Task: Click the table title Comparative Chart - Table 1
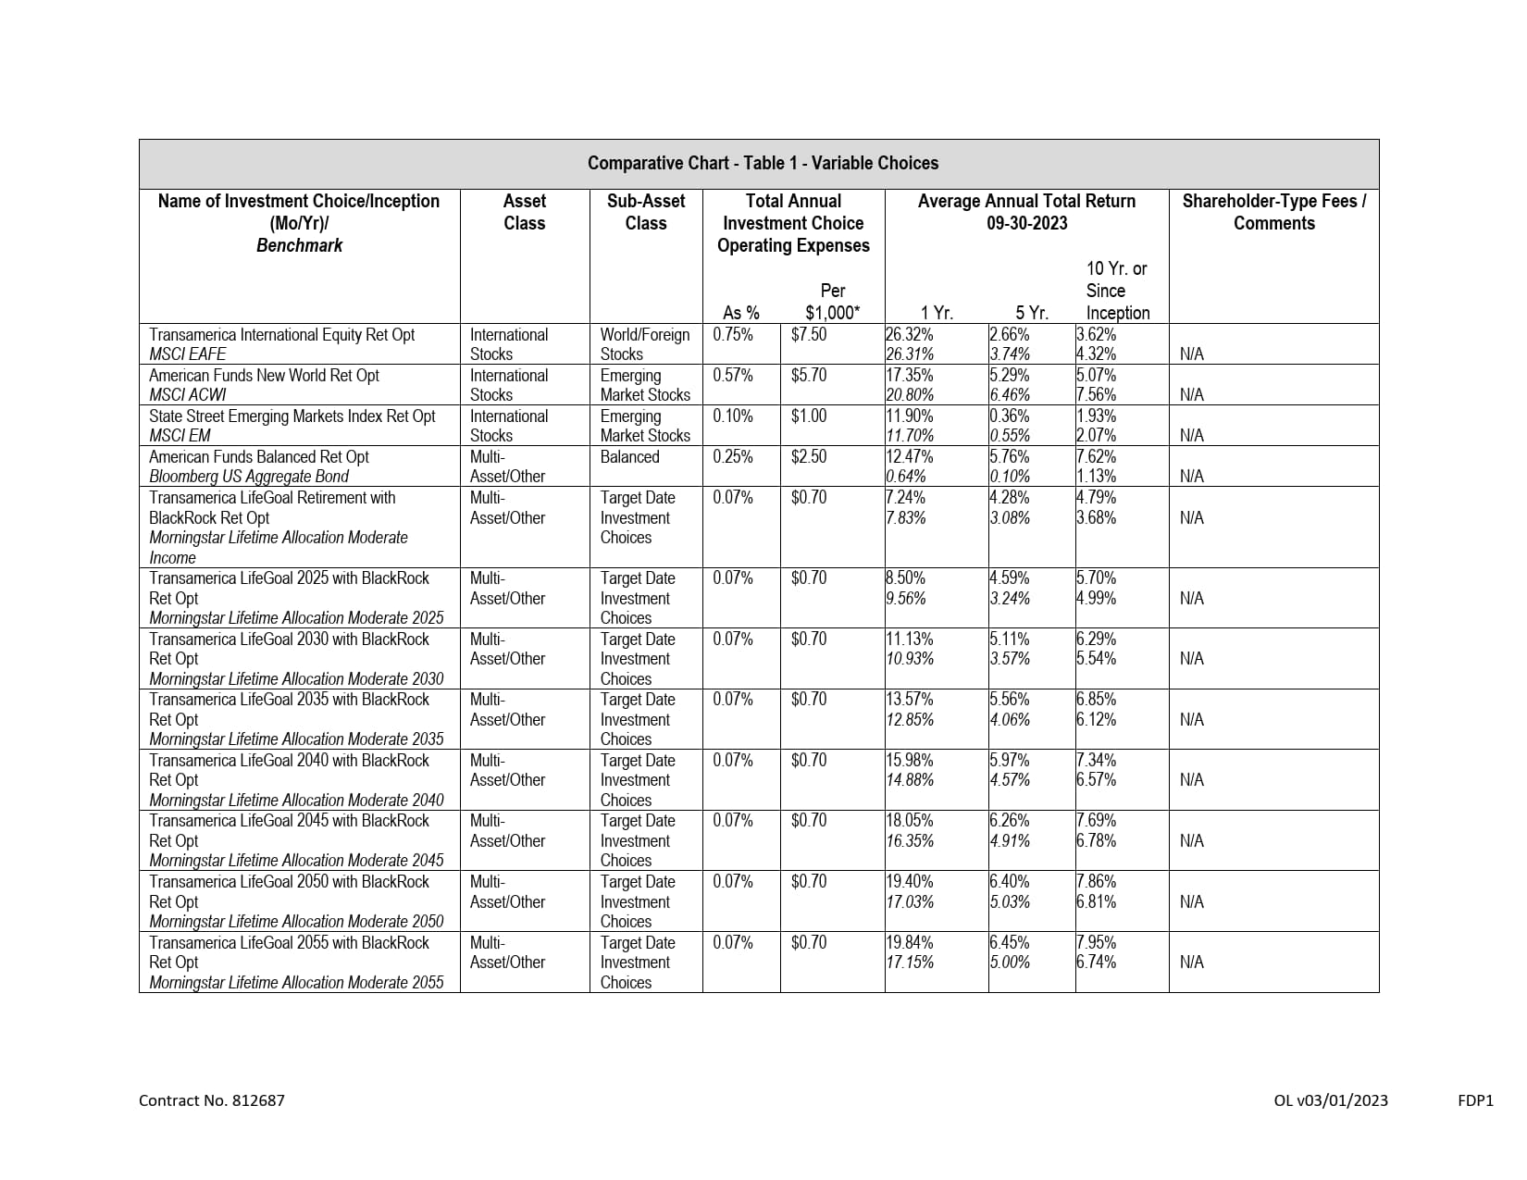pos(763,164)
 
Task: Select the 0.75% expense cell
pos(732,335)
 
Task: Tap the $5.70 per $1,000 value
pos(808,376)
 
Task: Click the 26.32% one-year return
pos(910,335)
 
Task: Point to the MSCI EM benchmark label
pos(180,436)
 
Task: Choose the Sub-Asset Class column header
pos(645,212)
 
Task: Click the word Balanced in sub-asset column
pos(629,457)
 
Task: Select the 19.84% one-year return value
pos(910,943)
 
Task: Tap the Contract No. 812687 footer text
pos(211,1100)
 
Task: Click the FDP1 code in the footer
pos(1475,1100)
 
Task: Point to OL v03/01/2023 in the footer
pos(1330,1100)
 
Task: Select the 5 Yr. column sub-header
pos(1031,313)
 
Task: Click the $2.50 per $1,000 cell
pos(808,457)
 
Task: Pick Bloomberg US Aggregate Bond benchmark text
pos(248,477)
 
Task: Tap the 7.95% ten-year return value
pos(1097,943)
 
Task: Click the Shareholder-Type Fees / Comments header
pos(1273,212)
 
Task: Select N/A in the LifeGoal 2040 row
pos(1191,780)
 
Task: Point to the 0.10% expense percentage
pos(732,416)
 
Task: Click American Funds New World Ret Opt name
pos(264,376)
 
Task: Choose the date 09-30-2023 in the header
pos(1026,223)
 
